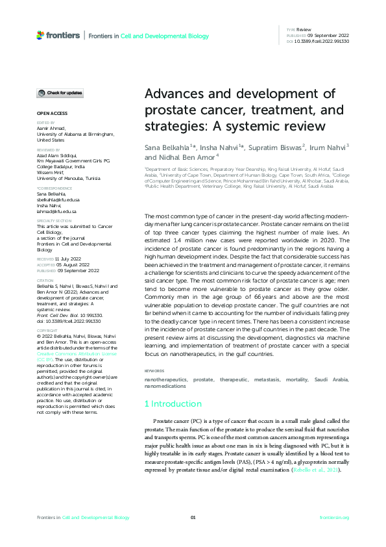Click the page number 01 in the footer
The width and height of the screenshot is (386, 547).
pos(193,517)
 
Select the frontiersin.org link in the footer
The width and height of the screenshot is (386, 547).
pos(334,517)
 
